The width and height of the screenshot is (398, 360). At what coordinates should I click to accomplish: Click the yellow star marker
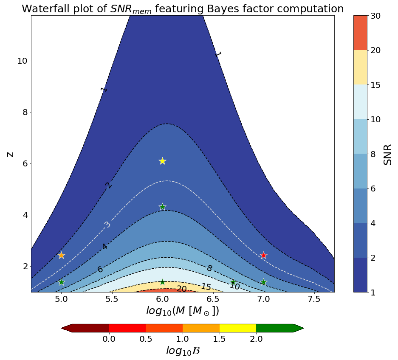tap(162, 161)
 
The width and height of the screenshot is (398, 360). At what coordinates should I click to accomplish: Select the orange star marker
tap(61, 255)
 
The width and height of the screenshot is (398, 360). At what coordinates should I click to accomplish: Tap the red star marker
tap(263, 255)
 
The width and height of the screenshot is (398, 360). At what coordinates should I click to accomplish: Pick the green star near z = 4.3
tap(162, 207)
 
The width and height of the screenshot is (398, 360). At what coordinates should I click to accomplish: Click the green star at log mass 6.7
tap(233, 282)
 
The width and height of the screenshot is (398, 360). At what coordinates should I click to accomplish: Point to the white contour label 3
tap(107, 224)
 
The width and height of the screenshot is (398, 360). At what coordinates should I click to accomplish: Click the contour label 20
tap(181, 289)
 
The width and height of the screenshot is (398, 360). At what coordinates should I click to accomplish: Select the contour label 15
tap(206, 287)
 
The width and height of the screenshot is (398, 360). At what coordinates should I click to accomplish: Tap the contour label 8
tap(209, 268)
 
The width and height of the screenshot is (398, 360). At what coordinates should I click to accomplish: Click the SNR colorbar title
tap(387, 154)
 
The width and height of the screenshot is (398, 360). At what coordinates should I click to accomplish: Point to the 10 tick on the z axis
tap(22, 61)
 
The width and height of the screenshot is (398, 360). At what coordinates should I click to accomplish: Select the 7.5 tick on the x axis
tap(314, 300)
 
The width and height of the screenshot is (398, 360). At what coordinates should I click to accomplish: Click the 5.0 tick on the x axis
tap(61, 300)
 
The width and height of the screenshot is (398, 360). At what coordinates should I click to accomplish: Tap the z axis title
tap(10, 154)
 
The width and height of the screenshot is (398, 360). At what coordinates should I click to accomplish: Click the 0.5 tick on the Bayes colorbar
tap(146, 339)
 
